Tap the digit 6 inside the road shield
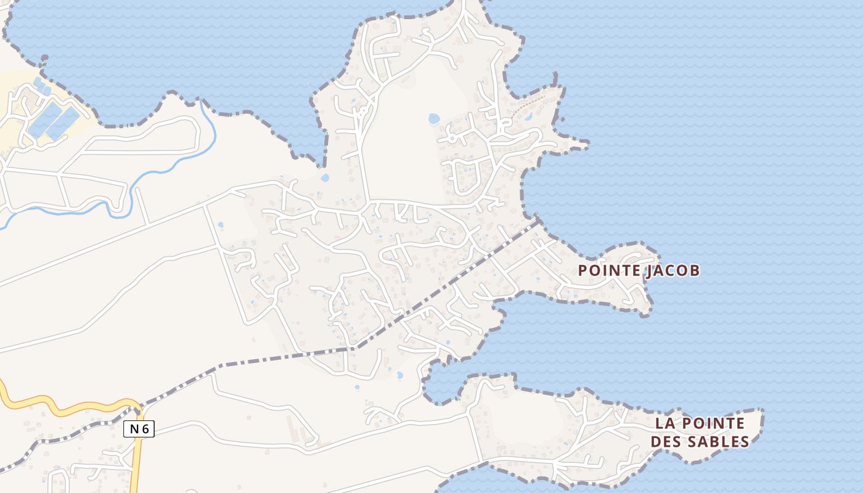click(x=145, y=429)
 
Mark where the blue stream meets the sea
click(x=201, y=100)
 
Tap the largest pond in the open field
click(x=434, y=118)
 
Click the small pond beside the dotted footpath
click(x=528, y=115)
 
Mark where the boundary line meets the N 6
click(x=141, y=407)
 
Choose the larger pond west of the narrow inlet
click(x=399, y=375)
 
